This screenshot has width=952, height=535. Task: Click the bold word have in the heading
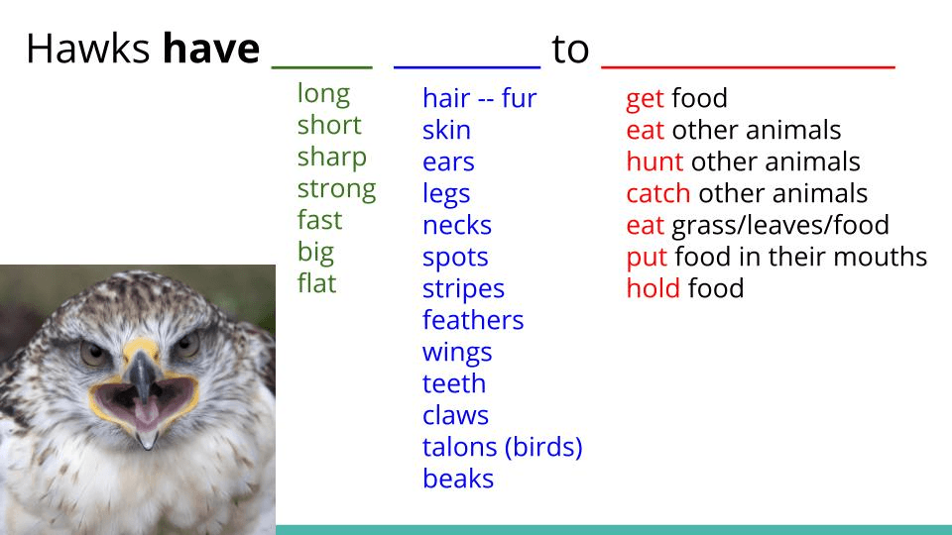[x=211, y=49]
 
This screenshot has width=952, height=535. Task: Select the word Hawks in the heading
[x=88, y=49]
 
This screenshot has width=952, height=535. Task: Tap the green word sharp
[x=331, y=158]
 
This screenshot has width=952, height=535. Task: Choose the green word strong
[x=336, y=189]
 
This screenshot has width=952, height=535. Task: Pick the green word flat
[x=316, y=282]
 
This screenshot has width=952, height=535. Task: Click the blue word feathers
[x=473, y=320]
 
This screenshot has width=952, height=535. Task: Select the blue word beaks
[x=458, y=478]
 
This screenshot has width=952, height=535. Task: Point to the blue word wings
[x=457, y=353]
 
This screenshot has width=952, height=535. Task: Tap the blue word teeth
[x=454, y=383]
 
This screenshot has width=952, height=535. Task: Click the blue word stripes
[x=463, y=288]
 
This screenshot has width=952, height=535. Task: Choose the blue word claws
[x=455, y=415]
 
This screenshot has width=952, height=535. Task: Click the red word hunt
[x=654, y=161]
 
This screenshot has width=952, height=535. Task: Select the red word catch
[x=658, y=193]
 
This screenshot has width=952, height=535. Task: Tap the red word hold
[x=653, y=287]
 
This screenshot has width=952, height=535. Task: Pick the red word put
[x=647, y=258]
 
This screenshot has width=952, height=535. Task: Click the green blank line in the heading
[x=321, y=67]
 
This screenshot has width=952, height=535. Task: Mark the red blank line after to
[x=748, y=67]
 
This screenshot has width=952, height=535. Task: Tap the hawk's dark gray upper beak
[x=142, y=374]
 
